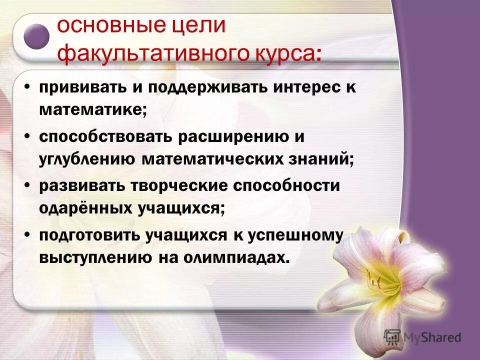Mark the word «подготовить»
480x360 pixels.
click(88, 234)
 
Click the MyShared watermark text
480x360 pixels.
click(432, 337)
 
